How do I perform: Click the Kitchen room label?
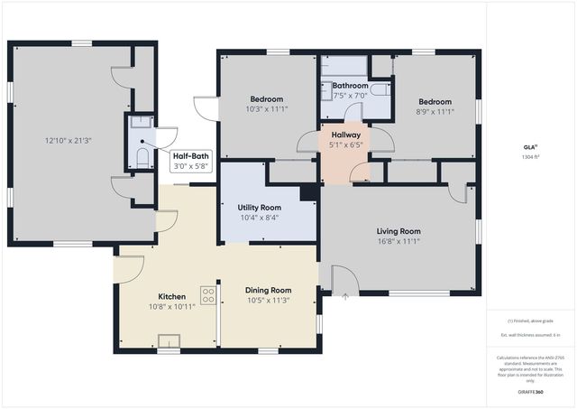(171, 296)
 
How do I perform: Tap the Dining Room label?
(269, 291)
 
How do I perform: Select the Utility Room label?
(259, 208)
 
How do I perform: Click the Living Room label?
(398, 231)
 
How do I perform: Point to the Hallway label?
(345, 135)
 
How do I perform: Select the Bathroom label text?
(350, 85)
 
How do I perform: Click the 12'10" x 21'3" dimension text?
(69, 141)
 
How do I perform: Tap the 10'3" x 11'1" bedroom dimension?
(266, 109)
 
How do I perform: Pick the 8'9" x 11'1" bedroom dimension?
(434, 112)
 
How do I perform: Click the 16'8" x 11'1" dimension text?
(398, 241)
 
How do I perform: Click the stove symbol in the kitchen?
(207, 295)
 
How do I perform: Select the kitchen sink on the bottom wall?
(169, 340)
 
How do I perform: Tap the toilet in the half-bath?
(142, 158)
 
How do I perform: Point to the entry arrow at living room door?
(346, 294)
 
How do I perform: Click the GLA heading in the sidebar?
(530, 147)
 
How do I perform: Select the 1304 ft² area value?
(530, 156)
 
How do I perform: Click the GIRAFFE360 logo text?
(530, 393)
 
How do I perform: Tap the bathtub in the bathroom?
(343, 66)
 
